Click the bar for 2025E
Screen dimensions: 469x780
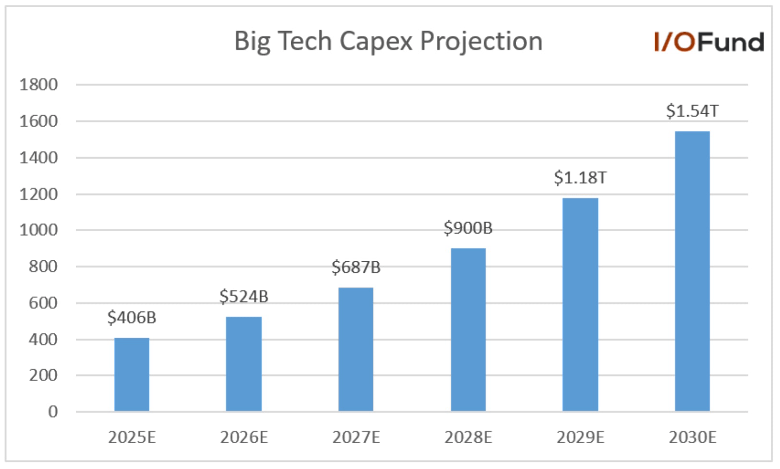click(x=132, y=375)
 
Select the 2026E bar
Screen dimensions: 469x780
click(x=244, y=364)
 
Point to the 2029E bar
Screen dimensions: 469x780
click(x=580, y=304)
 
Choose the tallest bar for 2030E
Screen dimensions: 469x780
click(x=692, y=271)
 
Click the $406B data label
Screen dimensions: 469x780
click(x=132, y=317)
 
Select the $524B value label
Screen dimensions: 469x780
click(x=244, y=296)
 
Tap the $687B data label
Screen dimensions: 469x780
click(x=356, y=267)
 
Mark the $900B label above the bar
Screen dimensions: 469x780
click(x=468, y=228)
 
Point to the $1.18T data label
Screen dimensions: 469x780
click(x=580, y=178)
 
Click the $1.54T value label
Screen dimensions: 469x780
click(x=692, y=111)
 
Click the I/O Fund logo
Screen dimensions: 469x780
click(x=709, y=42)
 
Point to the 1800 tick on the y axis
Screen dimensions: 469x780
click(x=38, y=85)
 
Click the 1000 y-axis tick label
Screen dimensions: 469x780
click(x=38, y=230)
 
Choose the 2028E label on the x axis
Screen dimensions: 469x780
click(x=468, y=437)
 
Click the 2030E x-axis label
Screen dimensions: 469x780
click(x=692, y=437)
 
